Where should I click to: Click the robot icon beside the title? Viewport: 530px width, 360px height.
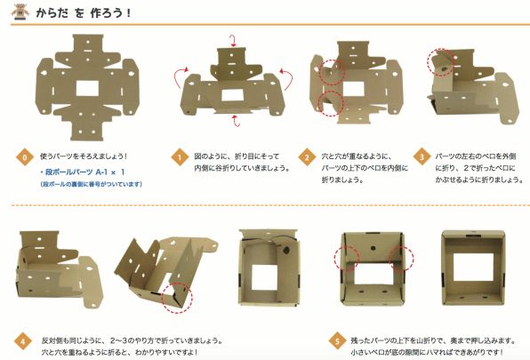(x=20, y=12)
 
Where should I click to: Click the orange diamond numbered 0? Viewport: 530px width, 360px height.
(x=25, y=157)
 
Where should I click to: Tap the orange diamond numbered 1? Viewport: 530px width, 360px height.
(x=180, y=157)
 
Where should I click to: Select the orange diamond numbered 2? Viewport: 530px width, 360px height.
(x=307, y=157)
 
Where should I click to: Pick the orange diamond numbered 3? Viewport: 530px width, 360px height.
(x=422, y=157)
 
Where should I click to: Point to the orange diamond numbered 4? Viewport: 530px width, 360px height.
(x=22, y=341)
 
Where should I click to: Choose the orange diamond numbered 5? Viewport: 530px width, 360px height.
(x=337, y=340)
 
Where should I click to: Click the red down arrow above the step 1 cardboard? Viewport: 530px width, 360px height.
(x=233, y=41)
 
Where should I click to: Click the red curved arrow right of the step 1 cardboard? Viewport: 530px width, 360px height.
(x=288, y=78)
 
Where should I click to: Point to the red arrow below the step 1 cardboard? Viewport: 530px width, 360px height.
(x=236, y=121)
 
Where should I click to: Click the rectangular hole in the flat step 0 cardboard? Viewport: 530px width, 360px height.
(x=87, y=89)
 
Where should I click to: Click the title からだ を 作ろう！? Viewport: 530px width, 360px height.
(x=84, y=13)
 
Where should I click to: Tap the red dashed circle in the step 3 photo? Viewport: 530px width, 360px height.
(x=441, y=62)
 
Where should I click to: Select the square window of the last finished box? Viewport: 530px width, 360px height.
(x=473, y=267)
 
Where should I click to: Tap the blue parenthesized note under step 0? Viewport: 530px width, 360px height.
(x=91, y=184)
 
